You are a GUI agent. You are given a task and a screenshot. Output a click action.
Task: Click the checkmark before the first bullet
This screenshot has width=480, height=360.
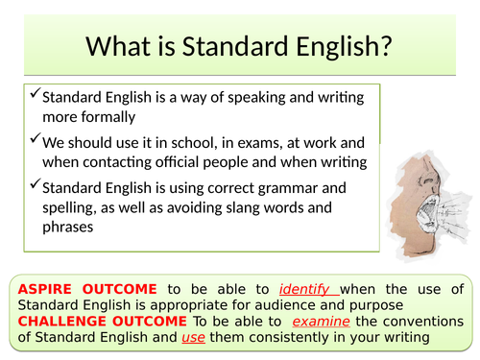click(x=35, y=95)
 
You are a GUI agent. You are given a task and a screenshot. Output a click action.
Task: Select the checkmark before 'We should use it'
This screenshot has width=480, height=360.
click(x=35, y=139)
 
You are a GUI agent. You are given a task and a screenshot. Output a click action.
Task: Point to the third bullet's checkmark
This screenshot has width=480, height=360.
click(x=35, y=184)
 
